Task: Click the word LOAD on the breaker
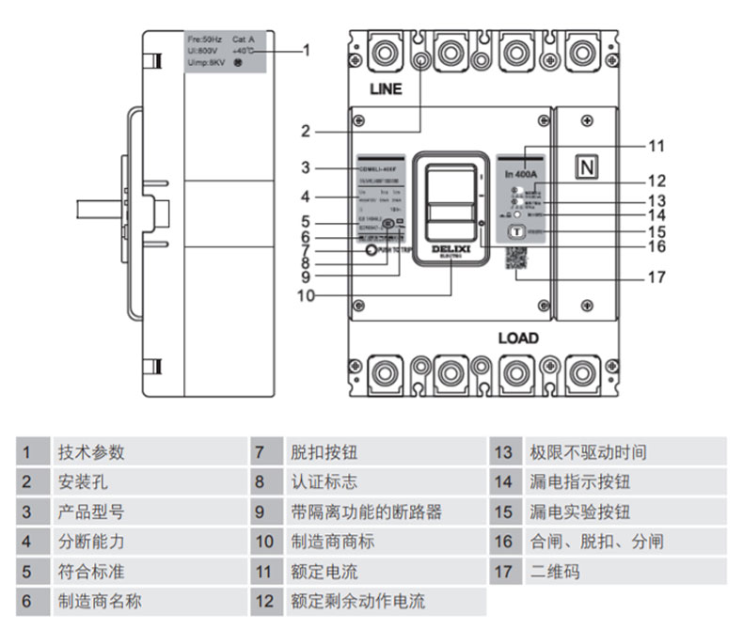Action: (518, 338)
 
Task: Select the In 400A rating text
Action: (520, 175)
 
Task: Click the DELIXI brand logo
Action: (451, 250)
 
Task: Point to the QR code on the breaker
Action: (516, 258)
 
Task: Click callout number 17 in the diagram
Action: (657, 277)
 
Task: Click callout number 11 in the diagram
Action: (656, 147)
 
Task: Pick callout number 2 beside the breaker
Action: (306, 131)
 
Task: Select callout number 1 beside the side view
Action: (307, 50)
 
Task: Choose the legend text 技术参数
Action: (91, 452)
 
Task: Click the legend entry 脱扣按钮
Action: (324, 452)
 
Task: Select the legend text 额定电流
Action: (324, 571)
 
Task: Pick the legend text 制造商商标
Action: (333, 542)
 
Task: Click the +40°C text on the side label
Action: (244, 51)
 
